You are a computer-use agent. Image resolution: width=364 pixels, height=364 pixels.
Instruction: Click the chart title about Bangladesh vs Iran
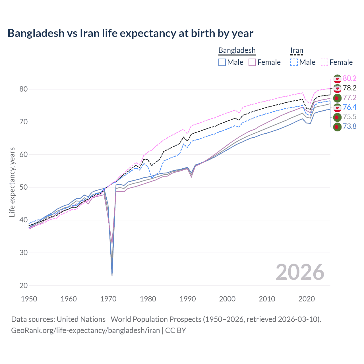130,33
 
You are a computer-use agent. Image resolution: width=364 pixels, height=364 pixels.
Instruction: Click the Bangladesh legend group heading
237,50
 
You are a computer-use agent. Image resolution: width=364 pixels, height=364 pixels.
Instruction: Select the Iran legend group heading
297,50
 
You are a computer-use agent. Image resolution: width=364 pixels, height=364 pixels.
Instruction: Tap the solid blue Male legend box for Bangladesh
222,62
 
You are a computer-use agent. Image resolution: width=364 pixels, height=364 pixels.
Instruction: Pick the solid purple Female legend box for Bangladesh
253,62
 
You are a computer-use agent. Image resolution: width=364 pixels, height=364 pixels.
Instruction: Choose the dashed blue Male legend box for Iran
294,62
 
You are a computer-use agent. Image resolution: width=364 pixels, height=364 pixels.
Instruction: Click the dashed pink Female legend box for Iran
324,62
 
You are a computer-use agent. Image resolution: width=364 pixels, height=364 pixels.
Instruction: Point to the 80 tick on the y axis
24,89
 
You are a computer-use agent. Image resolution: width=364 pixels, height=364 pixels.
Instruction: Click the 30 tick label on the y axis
24,253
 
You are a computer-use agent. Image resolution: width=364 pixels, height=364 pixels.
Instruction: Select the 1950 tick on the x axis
29,299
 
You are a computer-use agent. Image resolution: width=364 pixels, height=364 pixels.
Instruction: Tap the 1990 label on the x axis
188,299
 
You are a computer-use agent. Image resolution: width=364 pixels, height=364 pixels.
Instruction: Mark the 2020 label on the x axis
307,299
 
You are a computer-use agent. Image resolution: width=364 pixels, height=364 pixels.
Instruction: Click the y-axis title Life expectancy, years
12,182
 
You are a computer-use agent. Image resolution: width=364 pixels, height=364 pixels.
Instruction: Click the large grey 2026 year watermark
300,272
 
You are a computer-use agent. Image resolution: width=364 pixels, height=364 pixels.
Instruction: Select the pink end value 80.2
349,78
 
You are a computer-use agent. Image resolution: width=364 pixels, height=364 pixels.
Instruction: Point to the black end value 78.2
349,88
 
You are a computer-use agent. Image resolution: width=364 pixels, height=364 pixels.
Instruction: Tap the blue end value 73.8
349,126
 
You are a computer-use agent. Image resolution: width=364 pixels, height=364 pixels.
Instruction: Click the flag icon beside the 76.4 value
337,107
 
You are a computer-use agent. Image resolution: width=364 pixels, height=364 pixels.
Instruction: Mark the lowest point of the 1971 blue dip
112,276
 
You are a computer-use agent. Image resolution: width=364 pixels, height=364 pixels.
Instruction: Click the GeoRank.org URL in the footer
85,330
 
